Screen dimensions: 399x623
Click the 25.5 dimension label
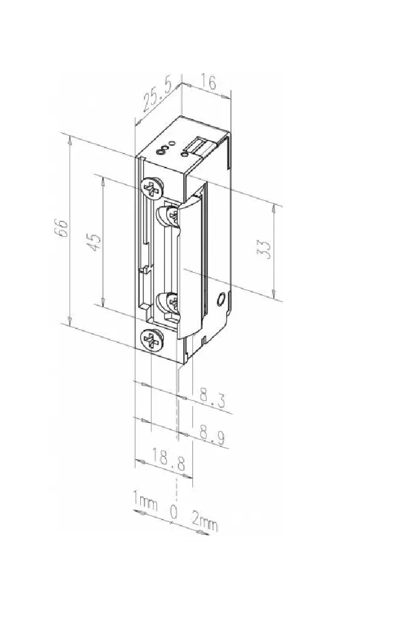[157, 95]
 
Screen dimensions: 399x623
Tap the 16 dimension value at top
[208, 82]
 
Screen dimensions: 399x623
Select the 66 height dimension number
[63, 229]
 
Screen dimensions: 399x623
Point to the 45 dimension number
[95, 241]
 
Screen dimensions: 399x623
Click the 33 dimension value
[265, 249]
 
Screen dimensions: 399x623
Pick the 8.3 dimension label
[212, 398]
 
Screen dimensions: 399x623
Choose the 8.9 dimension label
[212, 435]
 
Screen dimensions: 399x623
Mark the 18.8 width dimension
[168, 460]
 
